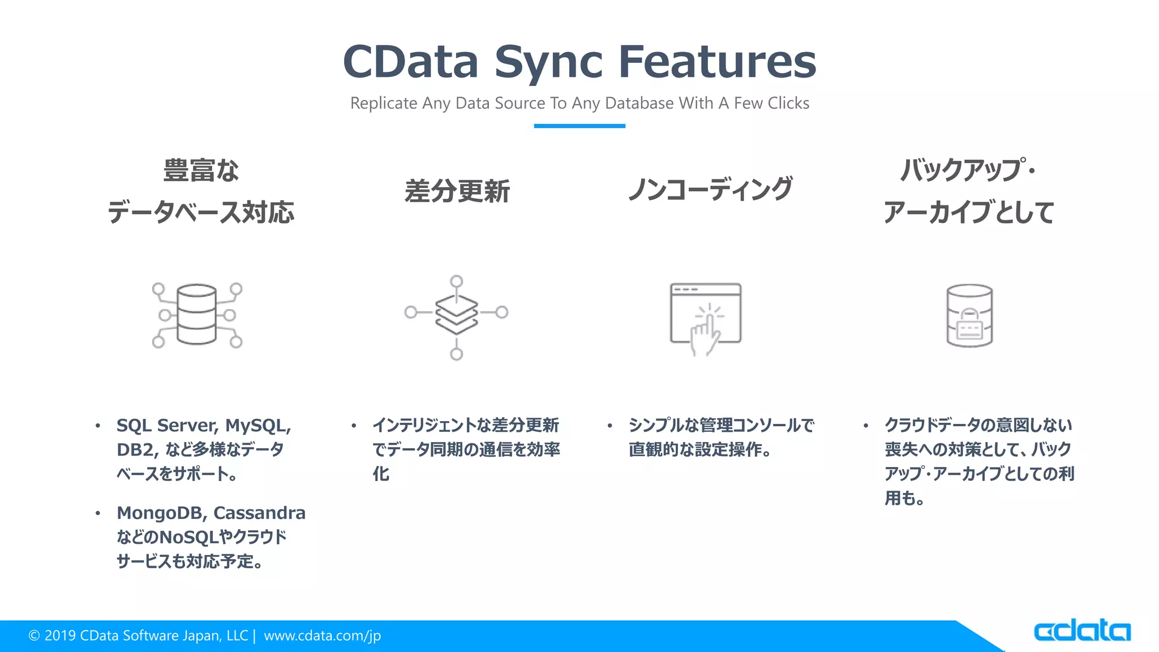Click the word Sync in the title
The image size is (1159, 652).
pyautogui.click(x=548, y=62)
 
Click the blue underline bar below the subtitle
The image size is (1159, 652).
pyautogui.click(x=579, y=126)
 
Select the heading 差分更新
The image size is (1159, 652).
pyautogui.click(x=457, y=191)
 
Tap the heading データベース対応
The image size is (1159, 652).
pyautogui.click(x=201, y=213)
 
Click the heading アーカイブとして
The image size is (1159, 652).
pyautogui.click(x=968, y=213)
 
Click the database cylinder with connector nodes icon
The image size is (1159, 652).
pyautogui.click(x=197, y=315)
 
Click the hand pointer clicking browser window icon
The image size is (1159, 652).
pyautogui.click(x=705, y=319)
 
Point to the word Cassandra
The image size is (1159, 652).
pyautogui.click(x=259, y=513)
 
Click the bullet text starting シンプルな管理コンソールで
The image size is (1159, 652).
pyautogui.click(x=721, y=426)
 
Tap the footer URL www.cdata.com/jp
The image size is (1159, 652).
pyautogui.click(x=322, y=636)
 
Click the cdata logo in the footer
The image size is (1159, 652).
pyautogui.click(x=1081, y=631)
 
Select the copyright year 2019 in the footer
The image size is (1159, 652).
pyautogui.click(x=60, y=636)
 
